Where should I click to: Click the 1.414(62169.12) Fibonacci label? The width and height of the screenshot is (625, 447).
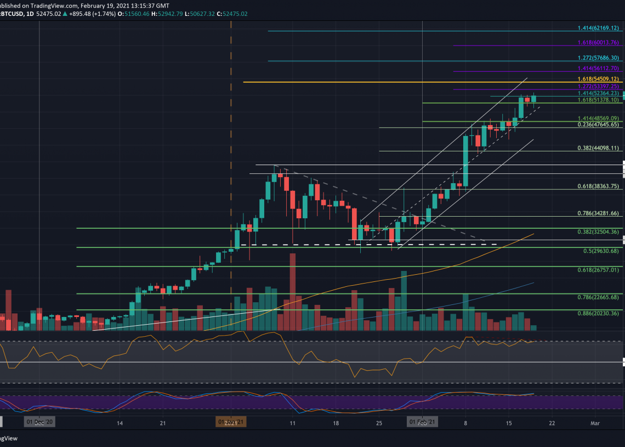598,28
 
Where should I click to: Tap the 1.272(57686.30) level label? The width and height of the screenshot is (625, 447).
598,58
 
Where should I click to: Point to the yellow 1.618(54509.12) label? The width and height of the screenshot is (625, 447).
598,79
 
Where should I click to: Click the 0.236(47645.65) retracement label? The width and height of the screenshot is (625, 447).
598,125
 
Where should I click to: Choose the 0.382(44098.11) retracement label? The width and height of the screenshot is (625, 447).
598,148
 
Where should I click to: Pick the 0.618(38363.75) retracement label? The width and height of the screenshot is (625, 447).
598,186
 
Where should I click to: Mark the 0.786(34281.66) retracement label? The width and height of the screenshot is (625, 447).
598,213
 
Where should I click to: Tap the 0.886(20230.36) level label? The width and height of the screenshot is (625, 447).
598,314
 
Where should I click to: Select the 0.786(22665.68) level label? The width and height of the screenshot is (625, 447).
598,297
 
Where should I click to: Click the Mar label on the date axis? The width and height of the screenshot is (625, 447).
595,423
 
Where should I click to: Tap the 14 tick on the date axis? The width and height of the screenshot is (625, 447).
119,423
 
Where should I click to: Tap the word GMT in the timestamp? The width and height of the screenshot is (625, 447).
163,5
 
